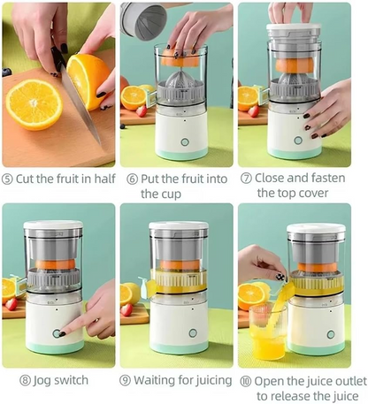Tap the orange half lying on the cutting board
point(34,104)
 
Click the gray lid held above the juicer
point(143,19)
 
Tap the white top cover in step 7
point(294,31)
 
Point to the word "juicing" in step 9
point(211,380)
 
